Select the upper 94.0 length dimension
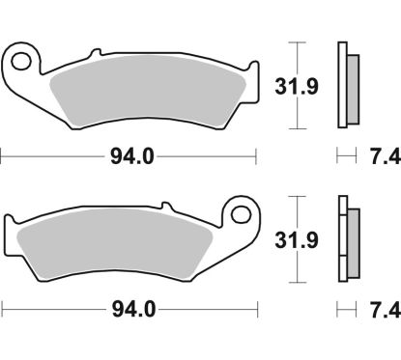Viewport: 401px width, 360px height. pos(131,153)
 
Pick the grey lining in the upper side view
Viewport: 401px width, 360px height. pos(352,86)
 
